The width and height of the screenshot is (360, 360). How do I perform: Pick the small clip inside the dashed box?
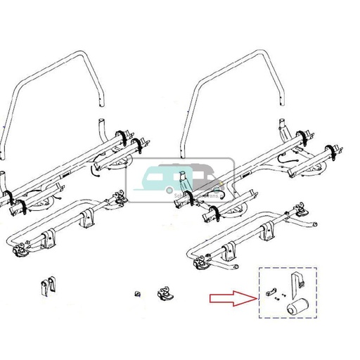click(271, 293)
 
